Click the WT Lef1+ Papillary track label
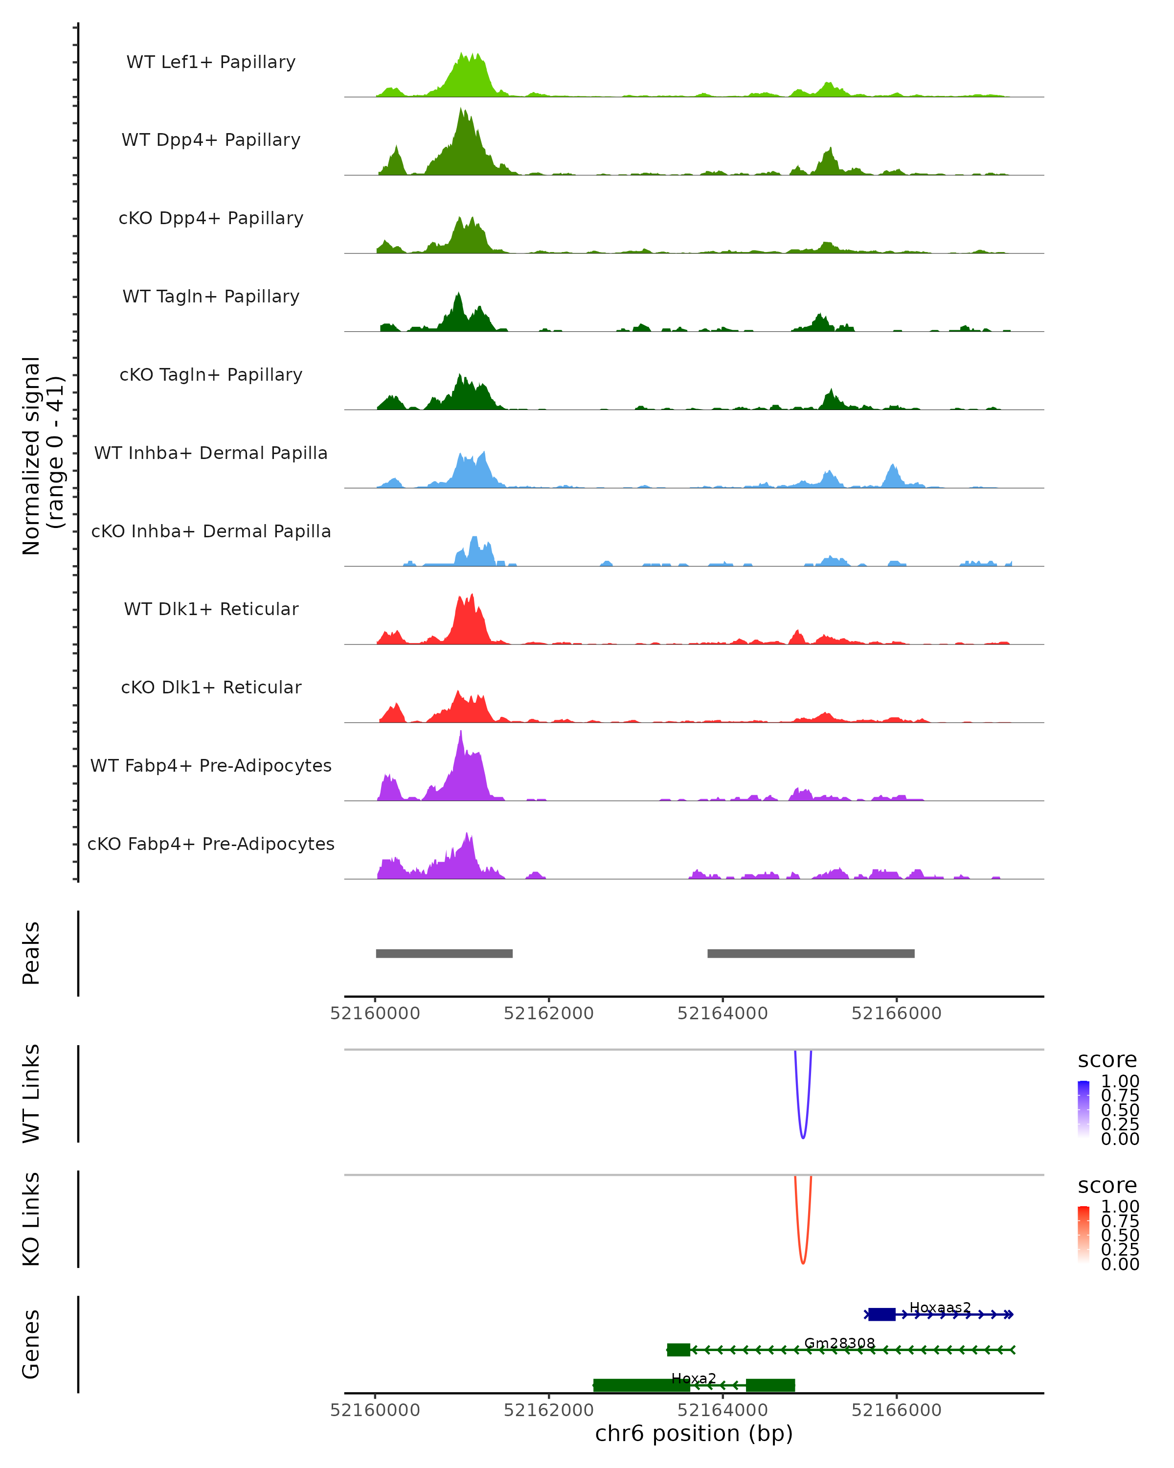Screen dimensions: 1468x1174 tap(211, 62)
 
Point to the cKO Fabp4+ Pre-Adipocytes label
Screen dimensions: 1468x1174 tap(211, 844)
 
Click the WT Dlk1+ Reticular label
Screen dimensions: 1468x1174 tap(211, 609)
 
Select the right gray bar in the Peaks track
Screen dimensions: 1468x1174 tap(811, 953)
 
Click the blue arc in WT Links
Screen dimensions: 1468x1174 tap(803, 1136)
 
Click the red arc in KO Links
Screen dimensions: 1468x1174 tap(803, 1262)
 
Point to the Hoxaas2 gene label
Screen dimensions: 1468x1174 tap(940, 1307)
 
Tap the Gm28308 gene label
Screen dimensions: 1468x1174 tap(839, 1343)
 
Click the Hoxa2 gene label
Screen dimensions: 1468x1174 tap(694, 1378)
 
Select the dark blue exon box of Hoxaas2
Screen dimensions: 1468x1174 tap(881, 1314)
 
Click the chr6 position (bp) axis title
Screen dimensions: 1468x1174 tap(694, 1433)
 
